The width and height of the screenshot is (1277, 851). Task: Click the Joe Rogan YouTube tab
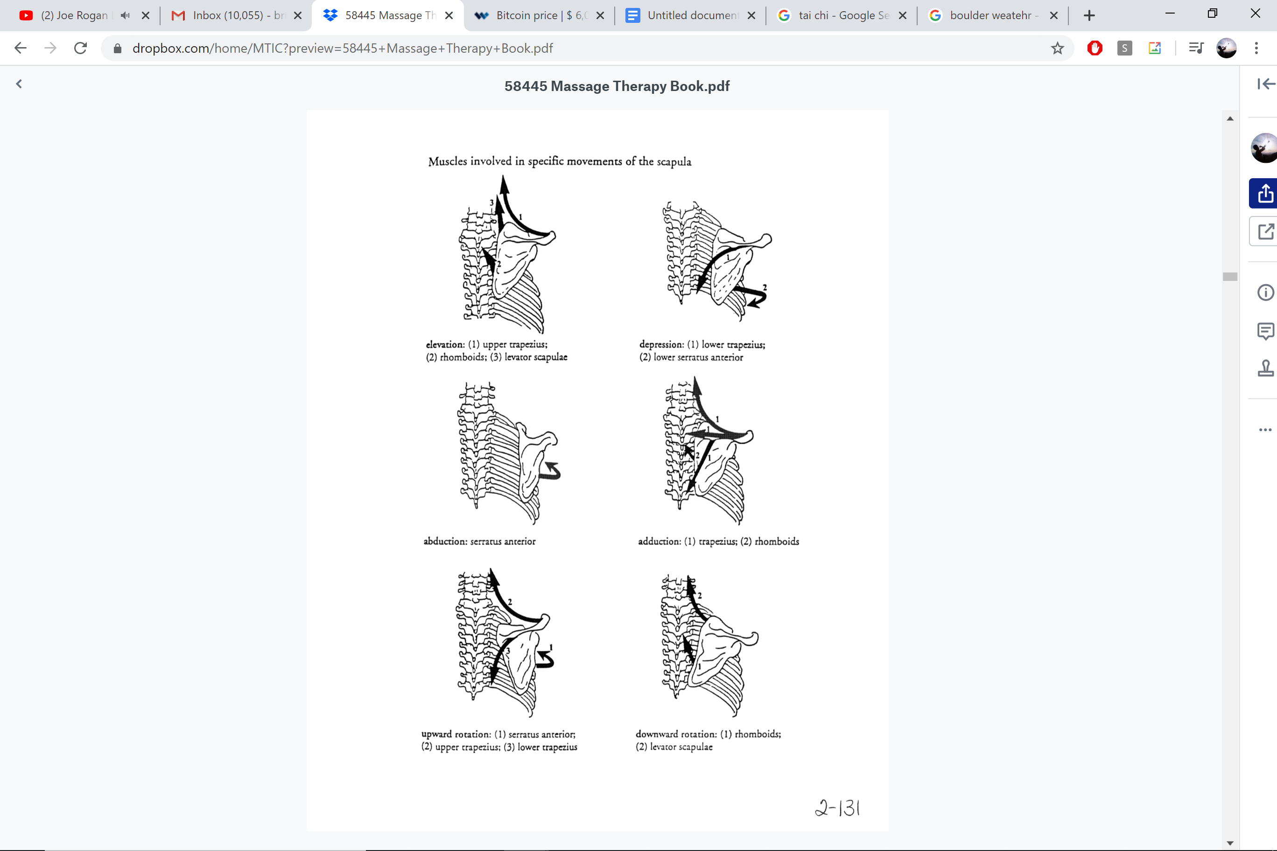click(x=73, y=15)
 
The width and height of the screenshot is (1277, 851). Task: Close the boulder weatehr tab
click(x=1054, y=15)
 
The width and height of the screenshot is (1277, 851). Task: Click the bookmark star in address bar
click(x=1057, y=49)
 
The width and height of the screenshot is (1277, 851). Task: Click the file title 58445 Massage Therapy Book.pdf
click(x=617, y=86)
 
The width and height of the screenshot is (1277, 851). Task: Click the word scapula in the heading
click(x=674, y=162)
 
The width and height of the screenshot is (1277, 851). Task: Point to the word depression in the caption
click(x=661, y=344)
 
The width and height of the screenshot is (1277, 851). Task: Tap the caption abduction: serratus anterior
click(x=479, y=541)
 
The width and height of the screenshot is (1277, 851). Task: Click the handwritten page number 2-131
click(x=838, y=808)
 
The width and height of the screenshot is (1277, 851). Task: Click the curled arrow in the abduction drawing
click(x=553, y=472)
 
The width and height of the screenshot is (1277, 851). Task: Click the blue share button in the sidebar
click(x=1264, y=193)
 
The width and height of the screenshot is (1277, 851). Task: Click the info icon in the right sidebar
click(x=1265, y=293)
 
